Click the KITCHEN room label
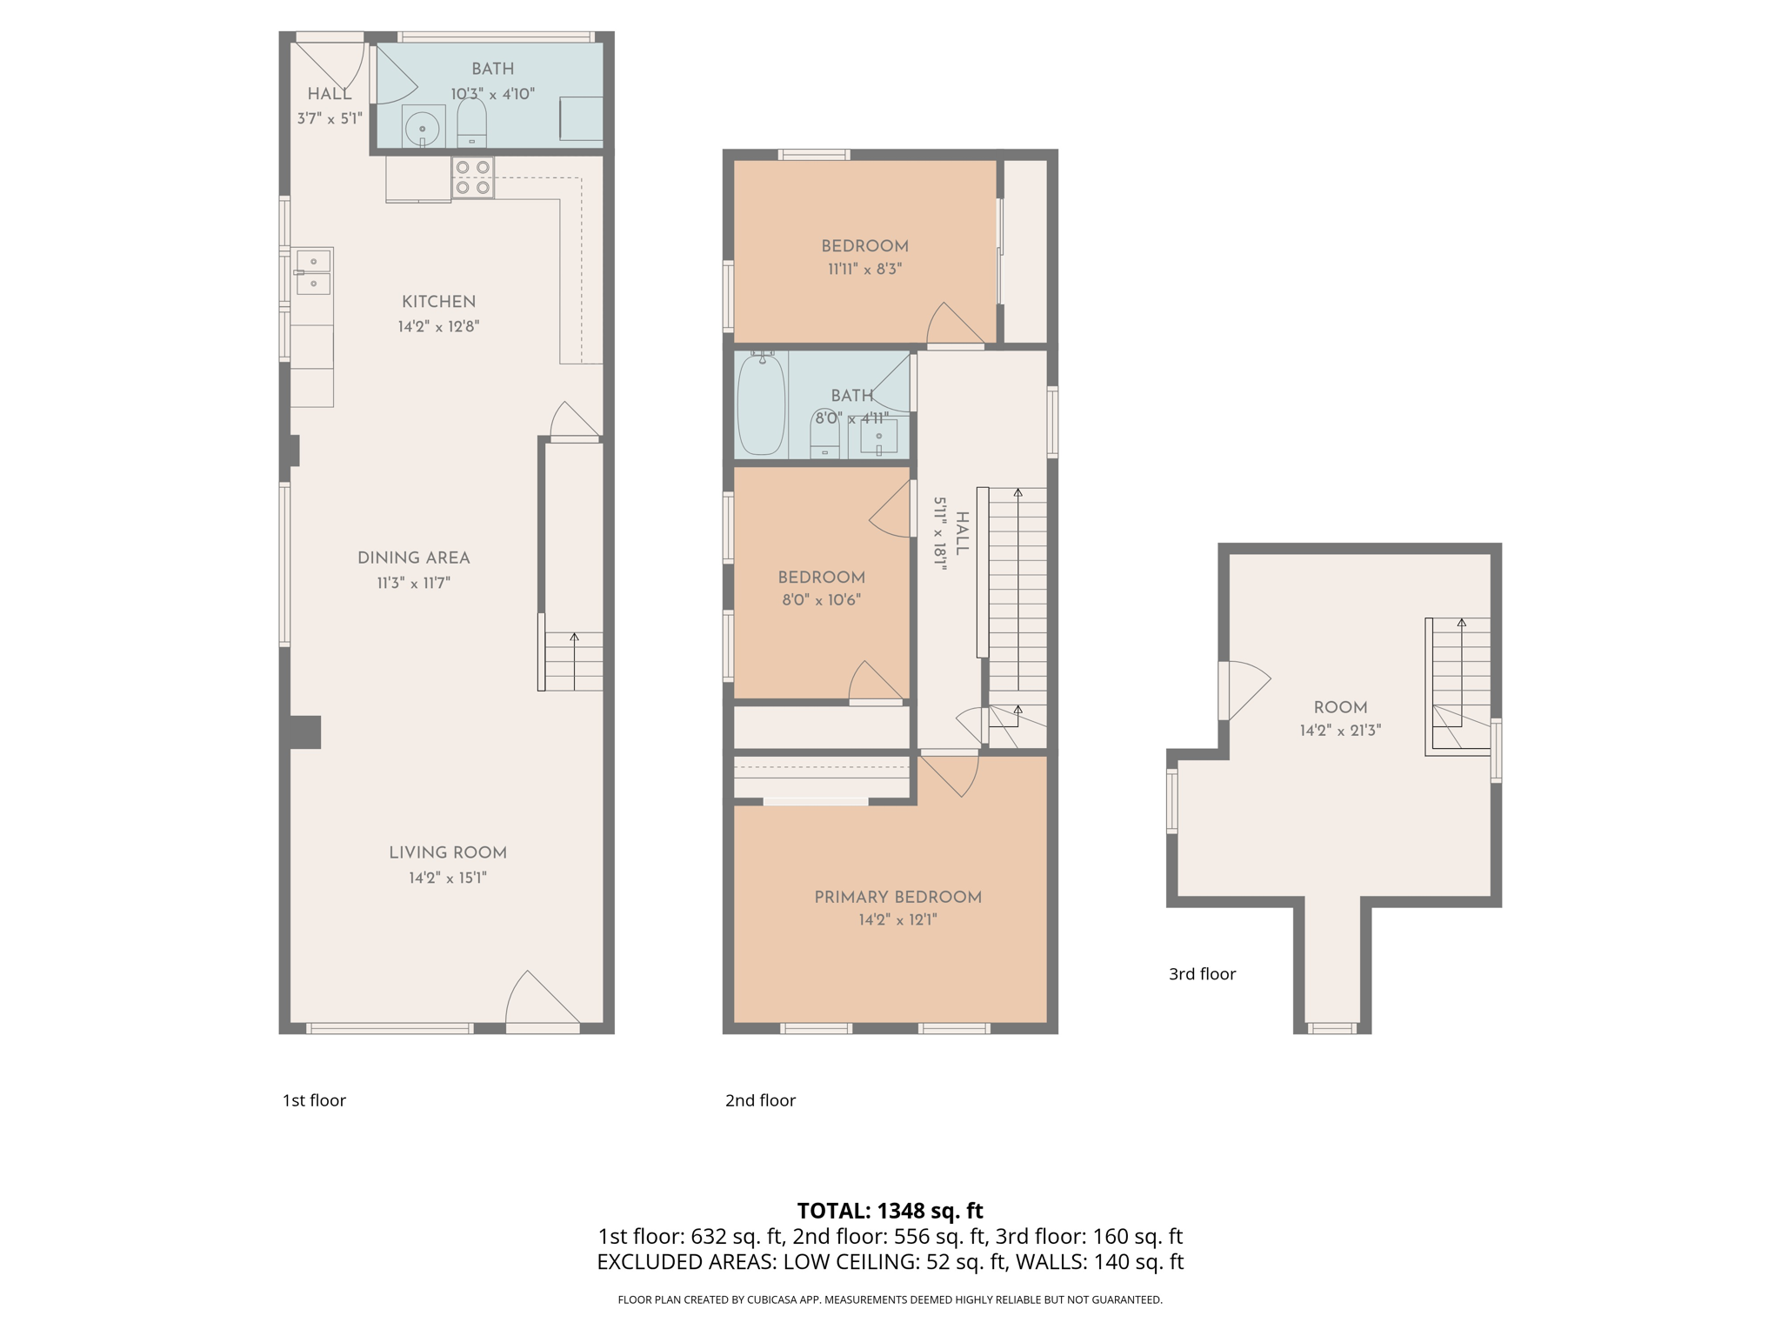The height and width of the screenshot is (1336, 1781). click(438, 302)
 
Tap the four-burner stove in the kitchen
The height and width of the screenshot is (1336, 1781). click(472, 177)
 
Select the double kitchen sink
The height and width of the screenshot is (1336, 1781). click(313, 272)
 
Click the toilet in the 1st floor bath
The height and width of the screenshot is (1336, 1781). click(471, 124)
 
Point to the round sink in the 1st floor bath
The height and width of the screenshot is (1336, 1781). click(423, 128)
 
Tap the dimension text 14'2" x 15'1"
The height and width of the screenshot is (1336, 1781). click(447, 878)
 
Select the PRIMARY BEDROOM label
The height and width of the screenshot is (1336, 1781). click(897, 897)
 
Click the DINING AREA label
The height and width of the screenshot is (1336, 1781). click(413, 558)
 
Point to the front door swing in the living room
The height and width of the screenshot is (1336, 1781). click(541, 1000)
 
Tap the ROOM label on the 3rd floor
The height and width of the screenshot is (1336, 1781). click(1340, 707)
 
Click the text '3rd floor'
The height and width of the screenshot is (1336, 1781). click(1202, 974)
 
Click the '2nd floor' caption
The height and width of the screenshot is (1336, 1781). click(760, 1100)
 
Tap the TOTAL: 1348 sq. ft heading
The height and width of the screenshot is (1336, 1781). click(890, 1210)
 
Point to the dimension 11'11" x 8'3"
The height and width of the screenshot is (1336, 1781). click(864, 270)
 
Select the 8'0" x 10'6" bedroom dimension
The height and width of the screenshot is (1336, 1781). click(821, 599)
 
